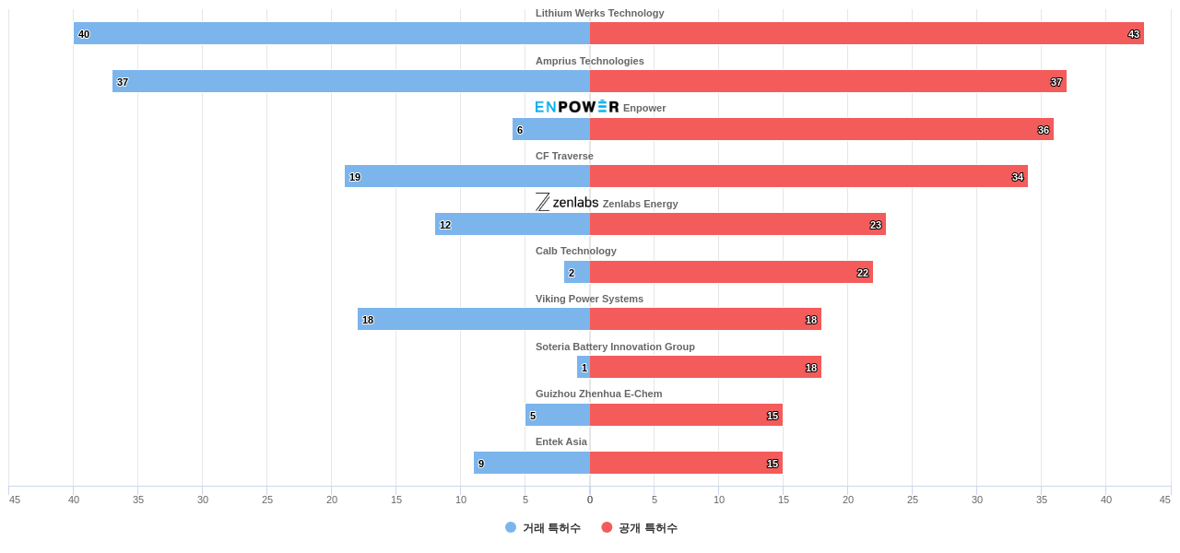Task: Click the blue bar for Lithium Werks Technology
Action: pyautogui.click(x=332, y=33)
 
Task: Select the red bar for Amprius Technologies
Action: pyautogui.click(x=828, y=81)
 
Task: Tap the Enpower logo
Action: pyautogui.click(x=577, y=107)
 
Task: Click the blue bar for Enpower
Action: pyautogui.click(x=551, y=129)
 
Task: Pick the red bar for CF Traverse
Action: pyautogui.click(x=808, y=176)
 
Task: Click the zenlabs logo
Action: pyautogui.click(x=567, y=203)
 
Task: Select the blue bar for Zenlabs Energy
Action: pyautogui.click(x=513, y=224)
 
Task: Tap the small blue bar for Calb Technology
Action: pyautogui.click(x=577, y=272)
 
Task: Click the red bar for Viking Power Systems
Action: pyautogui.click(x=705, y=319)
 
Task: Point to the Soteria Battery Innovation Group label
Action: pyautogui.click(x=615, y=347)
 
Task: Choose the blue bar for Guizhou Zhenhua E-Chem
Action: pyautogui.click(x=558, y=415)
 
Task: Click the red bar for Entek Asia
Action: pyautogui.click(x=686, y=463)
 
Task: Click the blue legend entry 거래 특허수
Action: pyautogui.click(x=543, y=528)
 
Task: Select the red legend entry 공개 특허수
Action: pyautogui.click(x=640, y=528)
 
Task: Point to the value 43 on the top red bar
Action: pyautogui.click(x=1134, y=34)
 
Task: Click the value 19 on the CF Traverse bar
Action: pyautogui.click(x=355, y=177)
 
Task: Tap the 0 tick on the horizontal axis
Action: pyautogui.click(x=590, y=500)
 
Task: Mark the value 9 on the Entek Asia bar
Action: pyautogui.click(x=481, y=464)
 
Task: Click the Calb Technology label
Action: pyautogui.click(x=576, y=251)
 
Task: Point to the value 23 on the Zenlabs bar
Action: pyautogui.click(x=876, y=225)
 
